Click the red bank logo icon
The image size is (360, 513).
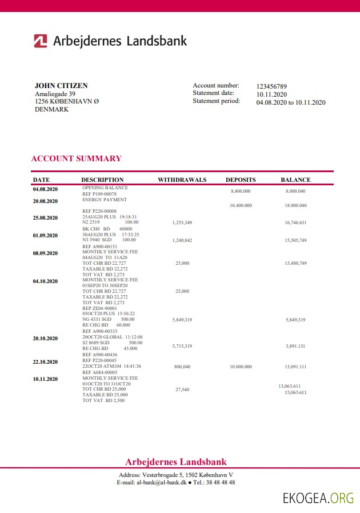tap(40, 41)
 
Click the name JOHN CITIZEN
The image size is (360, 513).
tap(61, 86)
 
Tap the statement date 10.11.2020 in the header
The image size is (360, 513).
tap(271, 94)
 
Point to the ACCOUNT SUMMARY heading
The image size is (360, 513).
tap(76, 158)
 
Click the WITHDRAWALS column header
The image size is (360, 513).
tap(182, 180)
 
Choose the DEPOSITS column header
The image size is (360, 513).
tap(241, 180)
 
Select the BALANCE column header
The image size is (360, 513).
tap(295, 180)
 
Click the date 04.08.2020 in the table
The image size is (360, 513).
tap(45, 189)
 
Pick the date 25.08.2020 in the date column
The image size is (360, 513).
tap(45, 217)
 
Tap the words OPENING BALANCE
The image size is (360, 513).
tap(105, 188)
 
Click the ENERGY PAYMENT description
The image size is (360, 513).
tap(105, 200)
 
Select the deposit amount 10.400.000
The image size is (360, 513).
tap(241, 205)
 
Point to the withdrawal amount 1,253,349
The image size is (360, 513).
tap(182, 222)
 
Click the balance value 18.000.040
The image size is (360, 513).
tap(295, 205)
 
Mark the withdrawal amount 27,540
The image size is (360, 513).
tap(182, 389)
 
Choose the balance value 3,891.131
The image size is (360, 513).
tap(295, 346)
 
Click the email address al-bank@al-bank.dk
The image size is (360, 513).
tap(162, 483)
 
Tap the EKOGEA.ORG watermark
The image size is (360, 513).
tap(318, 499)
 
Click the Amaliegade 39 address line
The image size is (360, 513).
tap(55, 94)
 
